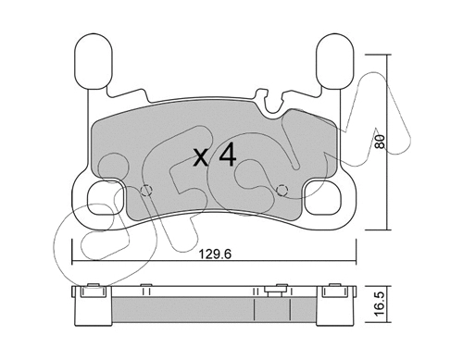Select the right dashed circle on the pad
point(283,191)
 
